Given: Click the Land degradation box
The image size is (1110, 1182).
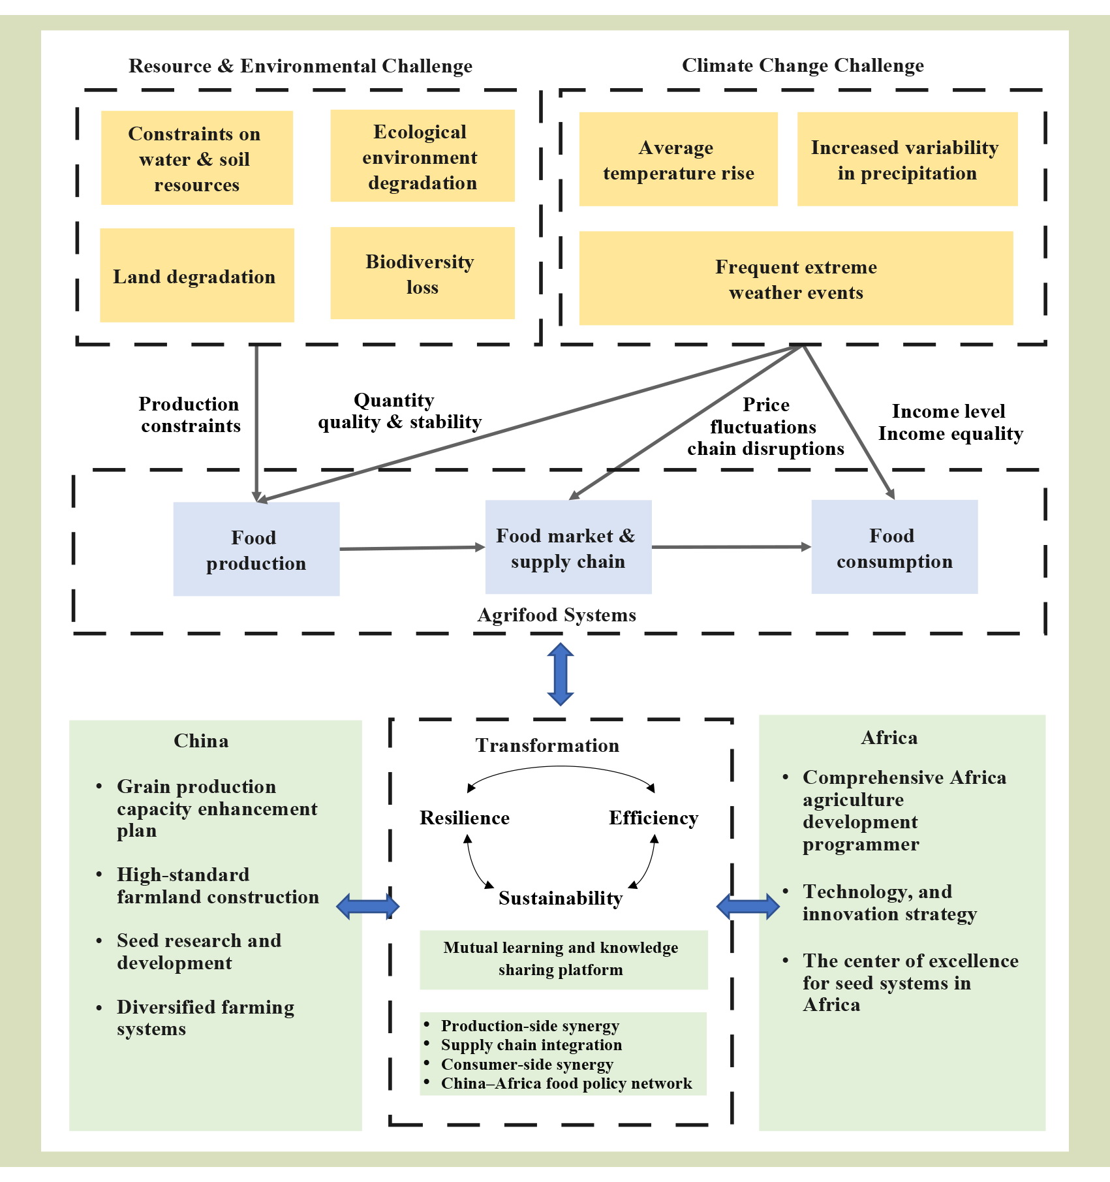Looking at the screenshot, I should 196,275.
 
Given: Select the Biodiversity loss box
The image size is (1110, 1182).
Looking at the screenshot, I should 422,273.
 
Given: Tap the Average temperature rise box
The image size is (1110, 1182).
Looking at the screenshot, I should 678,159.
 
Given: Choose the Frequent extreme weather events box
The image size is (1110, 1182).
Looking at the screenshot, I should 795,279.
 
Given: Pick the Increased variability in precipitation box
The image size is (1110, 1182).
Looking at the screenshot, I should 907,159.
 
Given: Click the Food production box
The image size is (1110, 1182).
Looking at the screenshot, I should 256,549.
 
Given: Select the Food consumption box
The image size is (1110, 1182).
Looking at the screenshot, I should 894,547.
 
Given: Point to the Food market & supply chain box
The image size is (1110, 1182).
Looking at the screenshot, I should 568,547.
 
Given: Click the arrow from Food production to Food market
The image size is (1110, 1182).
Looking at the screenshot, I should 412,548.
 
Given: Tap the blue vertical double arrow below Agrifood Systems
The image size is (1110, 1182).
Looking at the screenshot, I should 561,674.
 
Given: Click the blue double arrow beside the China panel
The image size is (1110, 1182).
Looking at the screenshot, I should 368,906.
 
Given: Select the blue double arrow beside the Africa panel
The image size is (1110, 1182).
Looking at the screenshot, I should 748,906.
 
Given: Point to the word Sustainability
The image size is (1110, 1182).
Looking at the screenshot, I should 560,898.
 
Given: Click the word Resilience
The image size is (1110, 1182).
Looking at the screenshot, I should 464,818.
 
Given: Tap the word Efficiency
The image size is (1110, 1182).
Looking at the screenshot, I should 653,818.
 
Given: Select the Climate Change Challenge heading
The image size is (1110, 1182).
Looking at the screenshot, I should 803,65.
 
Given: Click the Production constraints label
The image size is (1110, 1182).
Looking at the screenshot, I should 189,414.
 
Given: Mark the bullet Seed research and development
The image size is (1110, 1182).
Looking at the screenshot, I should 198,952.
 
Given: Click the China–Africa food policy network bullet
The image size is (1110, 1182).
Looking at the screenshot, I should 566,1083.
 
